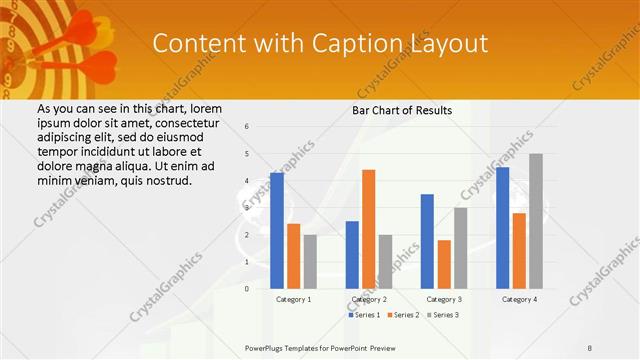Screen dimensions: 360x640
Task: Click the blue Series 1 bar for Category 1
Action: [277, 231]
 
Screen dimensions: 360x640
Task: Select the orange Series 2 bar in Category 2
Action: [368, 229]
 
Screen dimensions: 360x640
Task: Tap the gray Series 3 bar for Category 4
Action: [536, 221]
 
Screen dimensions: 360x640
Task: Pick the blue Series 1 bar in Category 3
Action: [427, 241]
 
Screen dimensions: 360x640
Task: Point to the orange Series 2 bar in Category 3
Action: [444, 264]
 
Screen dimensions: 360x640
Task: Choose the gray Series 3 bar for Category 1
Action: [310, 261]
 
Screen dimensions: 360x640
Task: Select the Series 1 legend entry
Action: [364, 315]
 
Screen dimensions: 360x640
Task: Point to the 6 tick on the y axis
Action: [247, 127]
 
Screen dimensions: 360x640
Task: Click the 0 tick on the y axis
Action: [247, 288]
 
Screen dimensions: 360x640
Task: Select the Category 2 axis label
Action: [369, 299]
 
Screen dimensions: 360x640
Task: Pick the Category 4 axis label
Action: [519, 299]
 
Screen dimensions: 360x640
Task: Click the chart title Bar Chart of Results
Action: [402, 110]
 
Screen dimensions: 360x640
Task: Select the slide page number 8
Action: [589, 348]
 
